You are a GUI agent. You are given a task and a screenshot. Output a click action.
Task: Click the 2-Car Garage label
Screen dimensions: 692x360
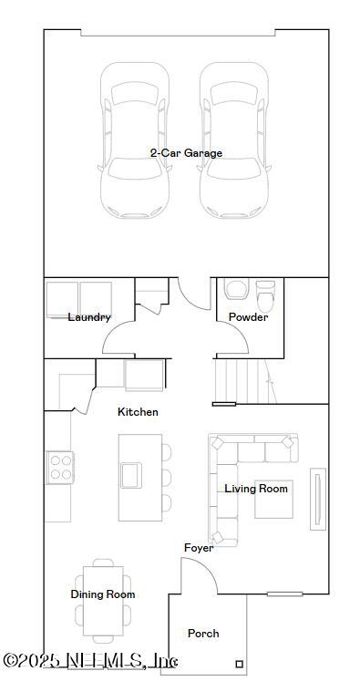pyautogui.click(x=186, y=153)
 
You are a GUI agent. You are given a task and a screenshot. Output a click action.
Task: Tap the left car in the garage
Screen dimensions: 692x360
pyautogui.click(x=136, y=141)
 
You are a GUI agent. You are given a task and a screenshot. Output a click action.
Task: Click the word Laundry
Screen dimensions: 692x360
pyautogui.click(x=89, y=317)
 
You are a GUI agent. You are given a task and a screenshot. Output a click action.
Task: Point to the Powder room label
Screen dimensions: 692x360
pyautogui.click(x=248, y=317)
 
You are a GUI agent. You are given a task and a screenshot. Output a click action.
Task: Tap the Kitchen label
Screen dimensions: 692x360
pyautogui.click(x=138, y=412)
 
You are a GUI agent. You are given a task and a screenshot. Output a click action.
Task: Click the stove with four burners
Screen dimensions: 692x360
pyautogui.click(x=59, y=468)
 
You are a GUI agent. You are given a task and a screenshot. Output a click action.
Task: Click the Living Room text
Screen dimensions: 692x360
pyautogui.click(x=256, y=489)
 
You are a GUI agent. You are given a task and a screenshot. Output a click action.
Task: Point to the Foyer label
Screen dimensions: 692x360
pyautogui.click(x=199, y=548)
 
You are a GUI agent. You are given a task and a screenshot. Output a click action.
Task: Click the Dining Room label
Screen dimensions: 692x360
pyautogui.click(x=103, y=594)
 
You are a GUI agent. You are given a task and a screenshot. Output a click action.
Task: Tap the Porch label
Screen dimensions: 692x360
pyautogui.click(x=203, y=633)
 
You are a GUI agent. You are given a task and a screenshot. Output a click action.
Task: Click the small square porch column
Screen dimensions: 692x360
pyautogui.click(x=240, y=663)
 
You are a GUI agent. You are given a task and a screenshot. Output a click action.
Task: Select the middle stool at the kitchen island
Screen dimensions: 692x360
pyautogui.click(x=166, y=477)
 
